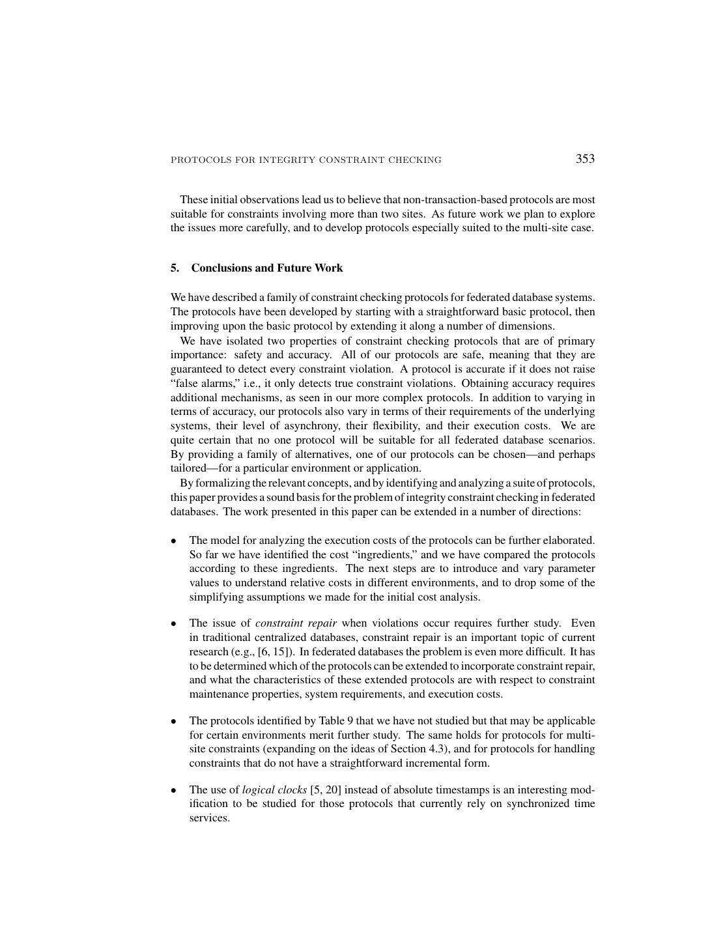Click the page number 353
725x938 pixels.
585,159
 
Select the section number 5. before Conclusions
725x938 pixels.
175,268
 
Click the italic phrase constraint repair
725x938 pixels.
296,623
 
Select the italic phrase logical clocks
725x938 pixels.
274,790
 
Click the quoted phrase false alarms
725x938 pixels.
202,384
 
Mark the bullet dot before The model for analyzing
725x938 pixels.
174,541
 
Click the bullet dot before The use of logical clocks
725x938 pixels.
174,791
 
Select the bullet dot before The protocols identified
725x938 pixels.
174,721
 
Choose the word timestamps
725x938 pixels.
467,790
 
